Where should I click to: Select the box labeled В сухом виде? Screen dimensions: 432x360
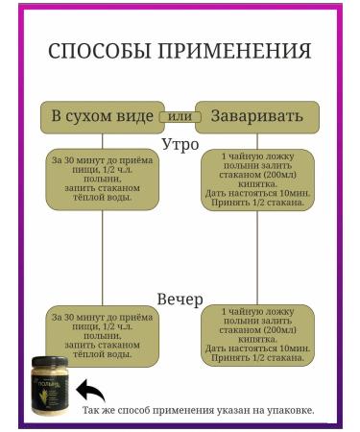102,116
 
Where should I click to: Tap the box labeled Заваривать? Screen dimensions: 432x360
257,116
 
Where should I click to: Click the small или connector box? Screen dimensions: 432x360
179,116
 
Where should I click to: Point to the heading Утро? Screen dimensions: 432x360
180,144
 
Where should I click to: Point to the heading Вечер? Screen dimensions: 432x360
180,300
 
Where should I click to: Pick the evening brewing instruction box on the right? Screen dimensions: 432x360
257,335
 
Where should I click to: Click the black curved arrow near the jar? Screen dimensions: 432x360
90,391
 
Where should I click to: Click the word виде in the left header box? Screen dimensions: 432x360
134,116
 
